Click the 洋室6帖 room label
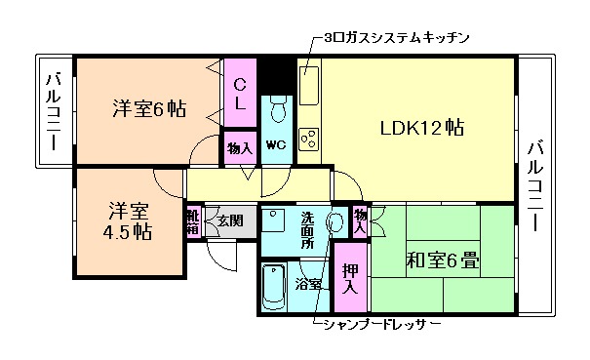[147, 107]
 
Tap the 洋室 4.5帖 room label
[129, 220]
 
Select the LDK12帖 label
[421, 128]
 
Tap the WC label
[275, 145]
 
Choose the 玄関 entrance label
[230, 220]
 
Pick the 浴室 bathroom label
[310, 286]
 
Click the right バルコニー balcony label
[535, 183]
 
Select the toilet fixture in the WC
[278, 110]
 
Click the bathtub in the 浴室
[276, 287]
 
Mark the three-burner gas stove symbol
[310, 139]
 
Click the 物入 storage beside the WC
[240, 148]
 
